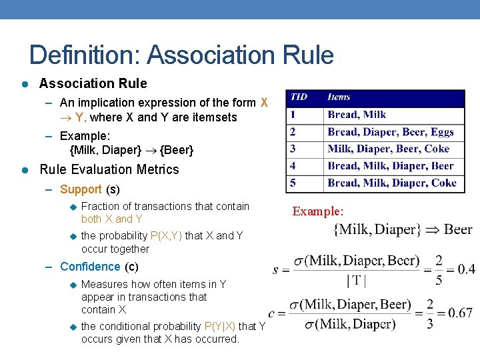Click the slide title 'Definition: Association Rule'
(181, 55)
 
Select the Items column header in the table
(339, 97)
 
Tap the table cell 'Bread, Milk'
(357, 115)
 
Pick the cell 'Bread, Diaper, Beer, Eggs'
(391, 132)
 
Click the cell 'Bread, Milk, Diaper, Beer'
(391, 166)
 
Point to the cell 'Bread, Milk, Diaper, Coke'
(392, 183)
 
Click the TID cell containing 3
(293, 149)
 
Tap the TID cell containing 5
(293, 183)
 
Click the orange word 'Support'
(81, 189)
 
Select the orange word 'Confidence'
(90, 267)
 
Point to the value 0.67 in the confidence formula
(460, 313)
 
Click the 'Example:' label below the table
(318, 211)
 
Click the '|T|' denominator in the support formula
(357, 280)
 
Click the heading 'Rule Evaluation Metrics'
(109, 169)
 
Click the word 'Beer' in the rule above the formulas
(458, 230)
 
